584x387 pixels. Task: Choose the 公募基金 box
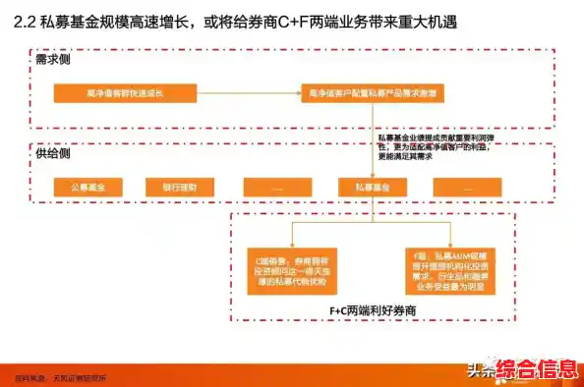[95, 187]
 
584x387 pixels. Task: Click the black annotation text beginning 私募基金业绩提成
[437, 144]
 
